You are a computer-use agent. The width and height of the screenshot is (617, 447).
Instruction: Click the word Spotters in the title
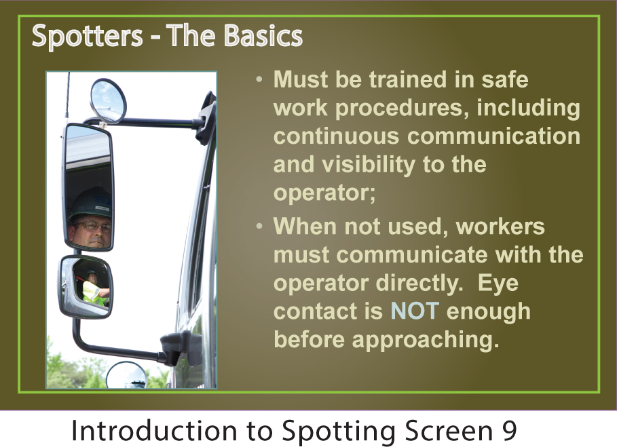pyautogui.click(x=87, y=36)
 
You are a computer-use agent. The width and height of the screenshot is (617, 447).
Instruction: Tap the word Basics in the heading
pyautogui.click(x=263, y=35)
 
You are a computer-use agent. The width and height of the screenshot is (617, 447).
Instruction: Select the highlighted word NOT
pyautogui.click(x=414, y=311)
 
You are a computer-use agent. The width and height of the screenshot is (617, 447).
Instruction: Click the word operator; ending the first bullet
pyautogui.click(x=324, y=193)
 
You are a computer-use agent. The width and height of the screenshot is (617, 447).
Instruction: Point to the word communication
pyautogui.click(x=494, y=136)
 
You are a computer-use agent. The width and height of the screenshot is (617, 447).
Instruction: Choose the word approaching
pyautogui.click(x=426, y=340)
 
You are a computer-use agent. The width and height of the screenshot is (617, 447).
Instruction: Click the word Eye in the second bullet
pyautogui.click(x=498, y=284)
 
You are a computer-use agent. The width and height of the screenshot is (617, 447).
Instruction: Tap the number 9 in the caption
pyautogui.click(x=508, y=431)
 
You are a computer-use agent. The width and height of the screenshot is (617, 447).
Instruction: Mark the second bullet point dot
pyautogui.click(x=259, y=227)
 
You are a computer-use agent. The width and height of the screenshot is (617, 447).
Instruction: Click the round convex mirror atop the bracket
pyautogui.click(x=108, y=100)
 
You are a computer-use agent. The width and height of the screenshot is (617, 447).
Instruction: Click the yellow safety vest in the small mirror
pyautogui.click(x=93, y=294)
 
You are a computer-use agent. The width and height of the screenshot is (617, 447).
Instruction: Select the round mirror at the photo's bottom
pyautogui.click(x=126, y=376)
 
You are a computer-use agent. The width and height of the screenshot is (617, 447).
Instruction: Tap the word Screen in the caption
pyautogui.click(x=449, y=431)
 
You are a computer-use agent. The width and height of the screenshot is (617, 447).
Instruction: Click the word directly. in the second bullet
pyautogui.click(x=419, y=284)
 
